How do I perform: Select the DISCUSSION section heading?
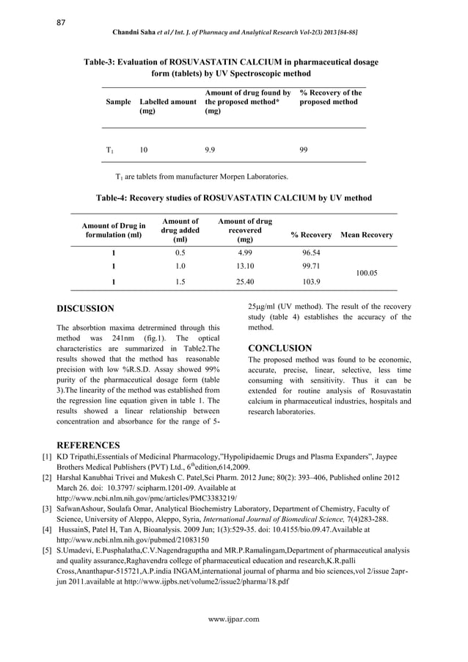click(x=86, y=309)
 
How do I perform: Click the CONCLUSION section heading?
click(x=280, y=348)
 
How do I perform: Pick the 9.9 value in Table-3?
click(x=210, y=149)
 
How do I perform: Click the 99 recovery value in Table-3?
click(x=304, y=149)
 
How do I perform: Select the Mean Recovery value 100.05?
click(x=366, y=272)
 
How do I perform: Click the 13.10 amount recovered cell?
click(x=244, y=266)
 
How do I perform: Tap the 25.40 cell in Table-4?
click(x=244, y=281)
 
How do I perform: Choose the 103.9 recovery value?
click(x=312, y=281)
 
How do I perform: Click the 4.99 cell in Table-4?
click(x=244, y=252)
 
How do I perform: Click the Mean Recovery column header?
click(x=367, y=235)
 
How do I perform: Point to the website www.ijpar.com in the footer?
click(x=233, y=619)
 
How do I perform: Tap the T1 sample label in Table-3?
click(x=109, y=150)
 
